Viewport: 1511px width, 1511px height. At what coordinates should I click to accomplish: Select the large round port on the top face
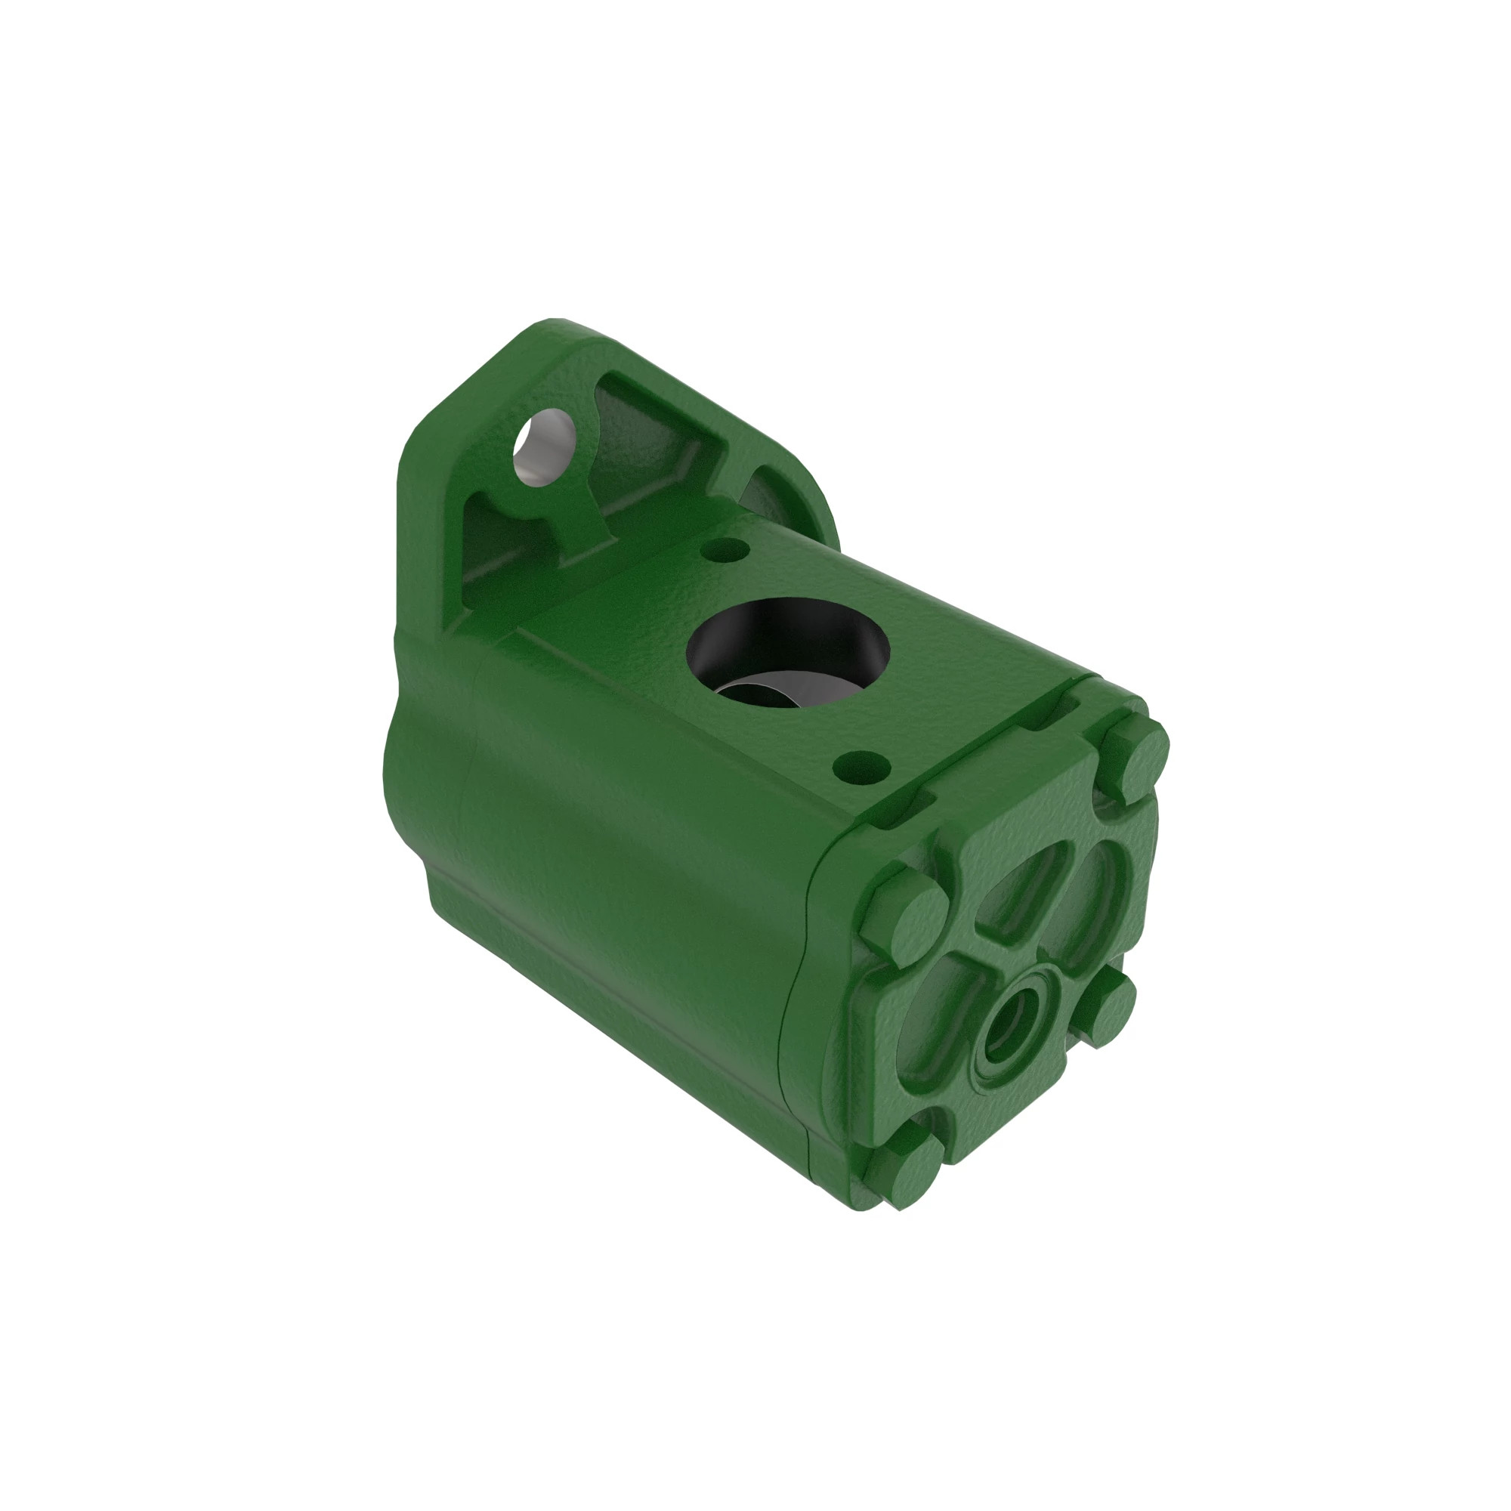(x=787, y=649)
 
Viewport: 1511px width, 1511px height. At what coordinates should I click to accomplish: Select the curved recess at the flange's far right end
(x=771, y=489)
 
